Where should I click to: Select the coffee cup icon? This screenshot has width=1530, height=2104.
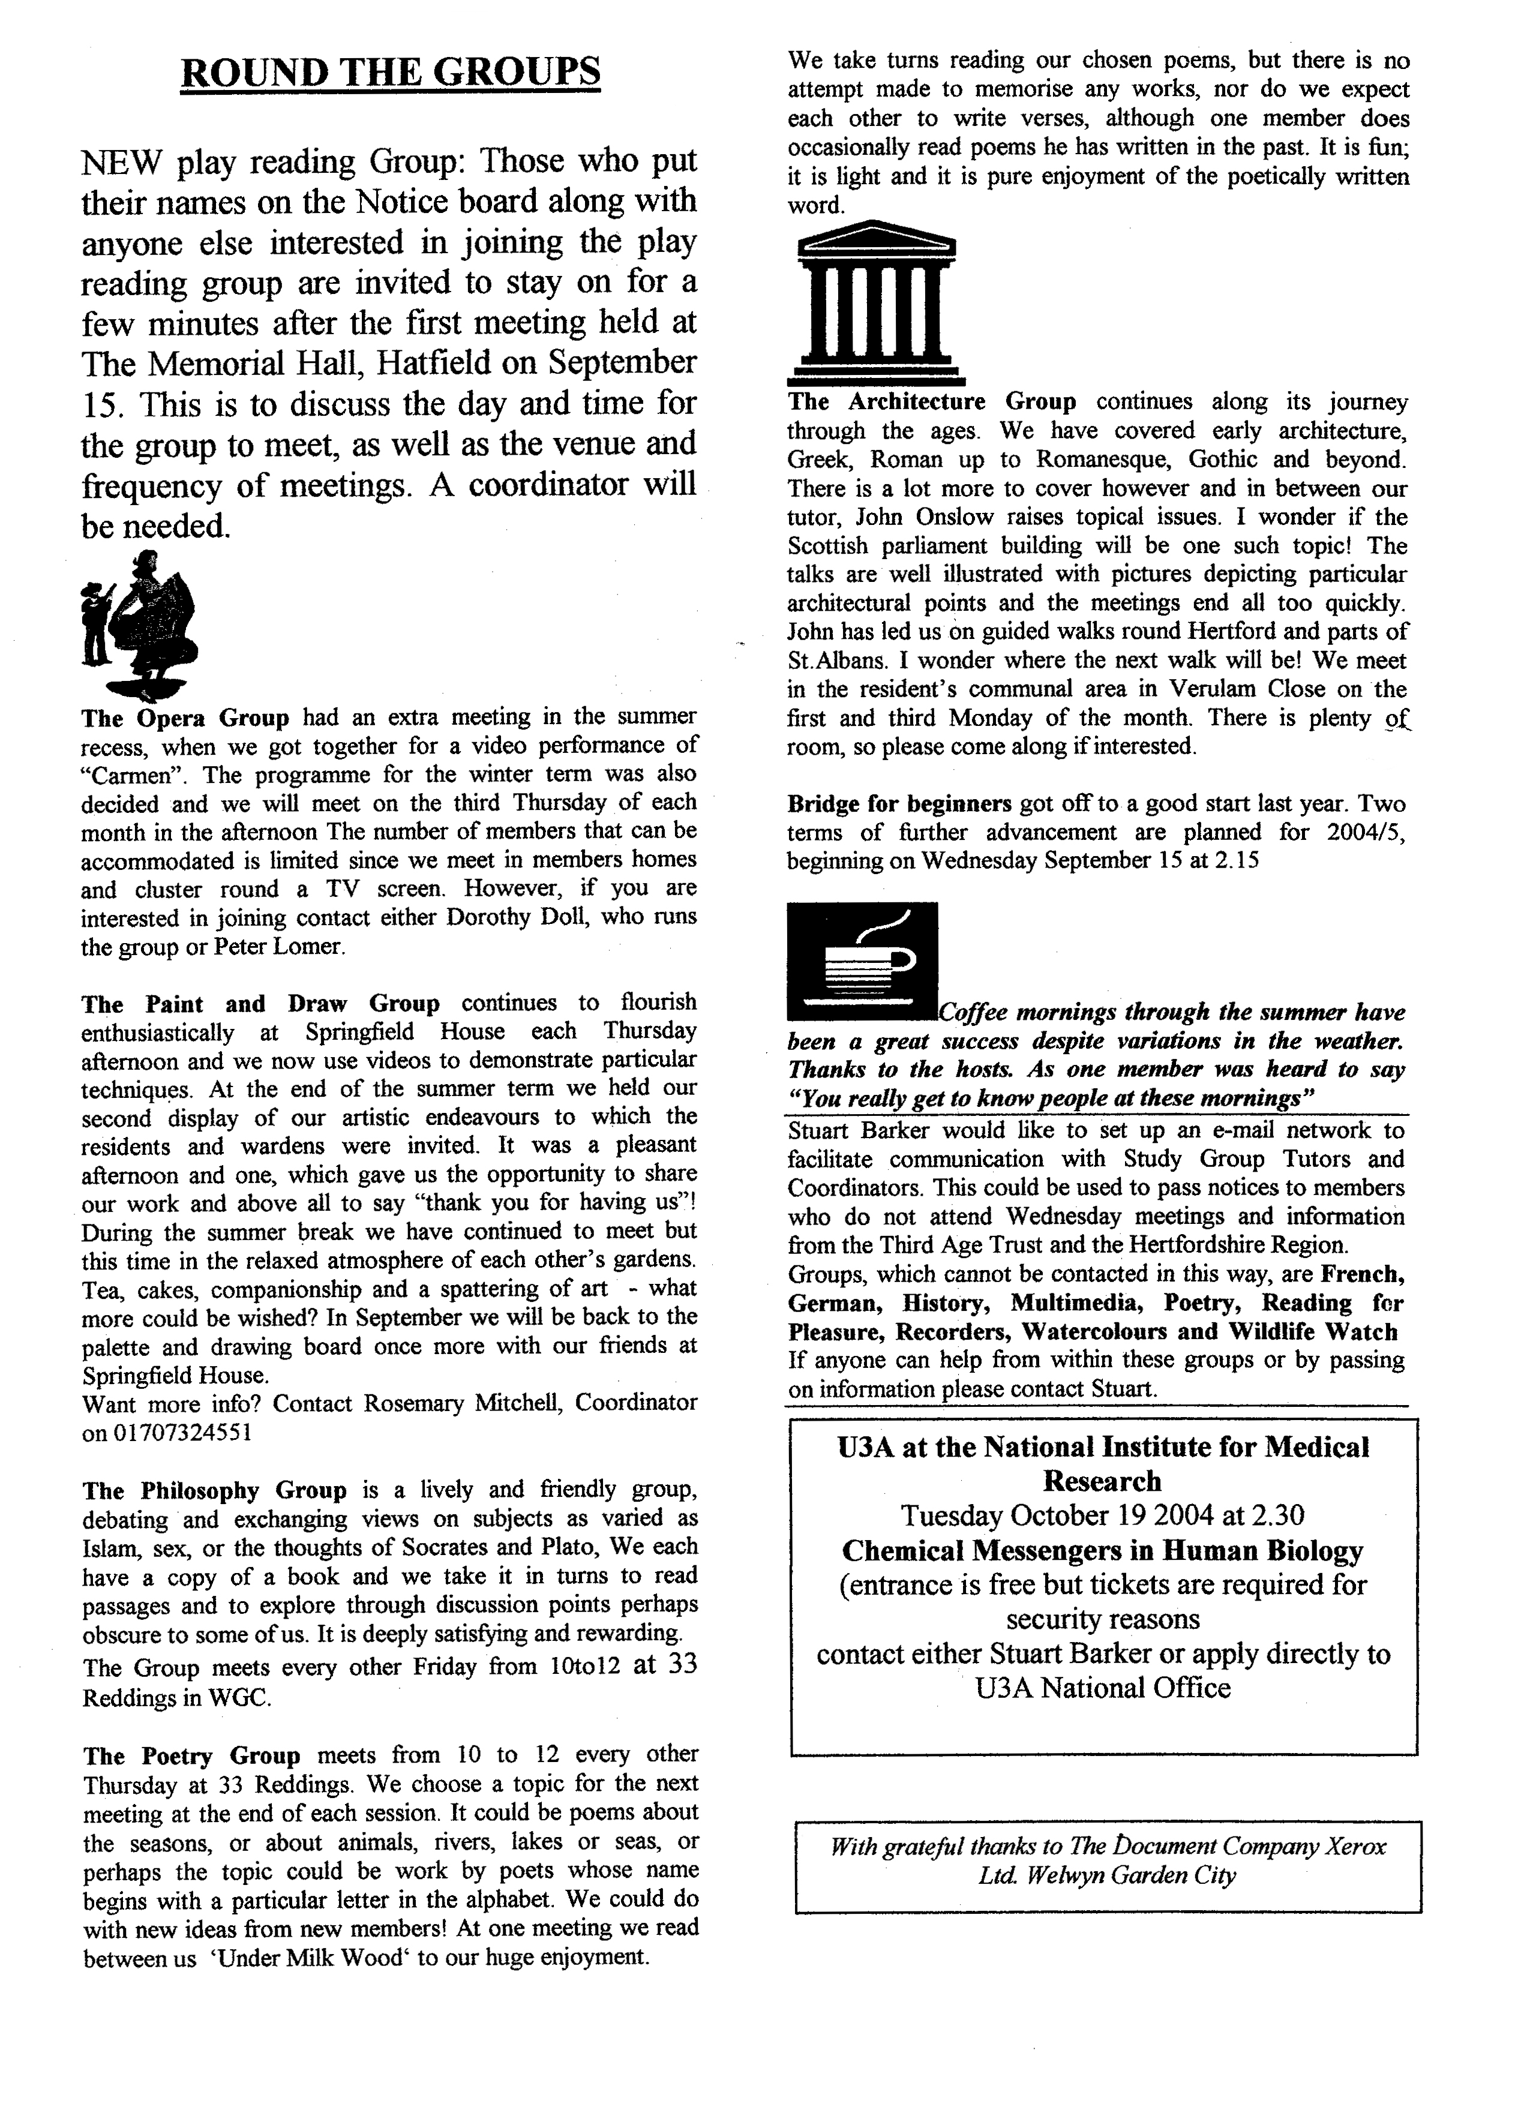pos(861,959)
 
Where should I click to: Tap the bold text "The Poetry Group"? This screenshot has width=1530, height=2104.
pos(192,1756)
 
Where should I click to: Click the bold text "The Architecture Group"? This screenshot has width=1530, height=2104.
pos(932,402)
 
